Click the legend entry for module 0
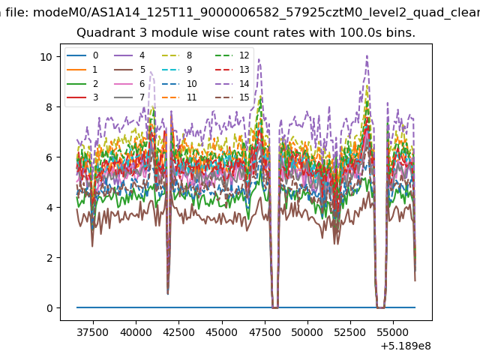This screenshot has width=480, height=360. click(82, 55)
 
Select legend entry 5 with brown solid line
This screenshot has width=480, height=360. click(130, 70)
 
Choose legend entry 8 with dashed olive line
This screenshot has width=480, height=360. click(177, 55)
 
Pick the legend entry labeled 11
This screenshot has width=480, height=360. click(179, 97)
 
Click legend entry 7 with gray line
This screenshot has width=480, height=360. click(130, 97)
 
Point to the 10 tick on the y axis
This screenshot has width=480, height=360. click(46, 57)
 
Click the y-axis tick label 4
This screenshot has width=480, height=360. click(49, 208)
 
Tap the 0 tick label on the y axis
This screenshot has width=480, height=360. click(49, 308)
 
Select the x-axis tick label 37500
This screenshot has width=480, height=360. click(93, 332)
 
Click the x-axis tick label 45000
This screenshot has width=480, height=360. click(222, 332)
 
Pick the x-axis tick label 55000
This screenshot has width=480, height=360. click(393, 332)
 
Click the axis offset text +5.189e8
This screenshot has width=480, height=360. click(406, 346)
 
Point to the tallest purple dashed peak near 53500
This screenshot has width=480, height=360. click(367, 55)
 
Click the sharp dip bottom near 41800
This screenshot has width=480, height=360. click(168, 294)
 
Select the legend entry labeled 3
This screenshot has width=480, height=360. click(82, 97)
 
